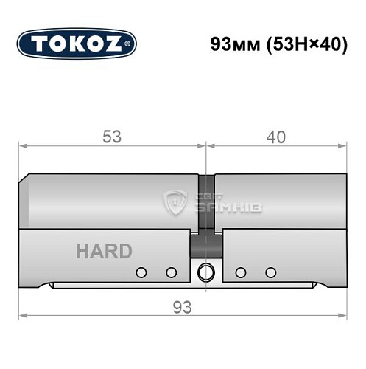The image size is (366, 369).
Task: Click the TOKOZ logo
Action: (x=77, y=44)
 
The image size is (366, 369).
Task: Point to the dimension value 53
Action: (x=112, y=137)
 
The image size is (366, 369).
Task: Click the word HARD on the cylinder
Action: (x=104, y=251)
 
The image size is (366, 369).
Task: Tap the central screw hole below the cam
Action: (x=207, y=272)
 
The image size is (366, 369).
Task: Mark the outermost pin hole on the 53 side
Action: (x=140, y=272)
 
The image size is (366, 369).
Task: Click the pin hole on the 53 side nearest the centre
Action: (x=171, y=272)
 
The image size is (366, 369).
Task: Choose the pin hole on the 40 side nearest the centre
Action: (x=240, y=272)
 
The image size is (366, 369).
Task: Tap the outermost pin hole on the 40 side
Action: (x=270, y=272)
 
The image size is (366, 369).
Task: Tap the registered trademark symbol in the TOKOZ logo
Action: (x=132, y=45)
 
